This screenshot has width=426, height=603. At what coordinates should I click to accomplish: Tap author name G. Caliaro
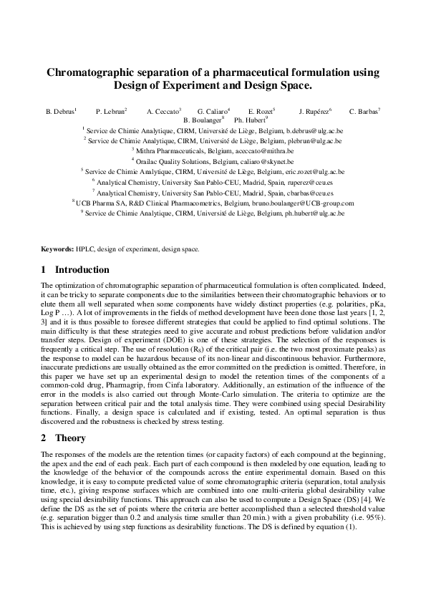pyautogui.click(x=212, y=112)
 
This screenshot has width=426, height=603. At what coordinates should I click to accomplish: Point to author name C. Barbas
pyautogui.click(x=364, y=112)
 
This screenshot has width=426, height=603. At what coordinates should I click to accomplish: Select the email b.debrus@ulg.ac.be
pyautogui.click(x=314, y=132)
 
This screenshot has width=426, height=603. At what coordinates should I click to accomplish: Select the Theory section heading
pyautogui.click(x=70, y=438)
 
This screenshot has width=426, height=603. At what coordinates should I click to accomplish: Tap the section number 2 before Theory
pyautogui.click(x=44, y=438)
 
